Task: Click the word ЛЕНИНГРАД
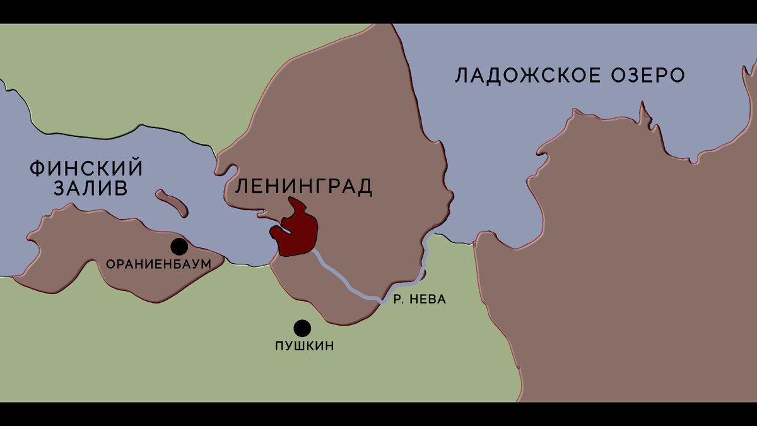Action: click(303, 186)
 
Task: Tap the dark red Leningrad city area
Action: click(296, 230)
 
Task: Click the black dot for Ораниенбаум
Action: click(179, 247)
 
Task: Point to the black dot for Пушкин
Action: click(302, 328)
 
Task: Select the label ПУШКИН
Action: click(305, 346)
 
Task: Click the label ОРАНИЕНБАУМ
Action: click(158, 264)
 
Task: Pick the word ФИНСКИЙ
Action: click(86, 169)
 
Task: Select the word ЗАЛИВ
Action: click(91, 189)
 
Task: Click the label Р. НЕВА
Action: click(420, 299)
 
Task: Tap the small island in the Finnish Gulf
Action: click(172, 202)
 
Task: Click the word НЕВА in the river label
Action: click(428, 299)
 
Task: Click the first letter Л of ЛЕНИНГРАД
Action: click(242, 186)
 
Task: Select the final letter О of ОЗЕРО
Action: click(677, 76)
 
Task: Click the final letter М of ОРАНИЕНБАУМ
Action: click(204, 264)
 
